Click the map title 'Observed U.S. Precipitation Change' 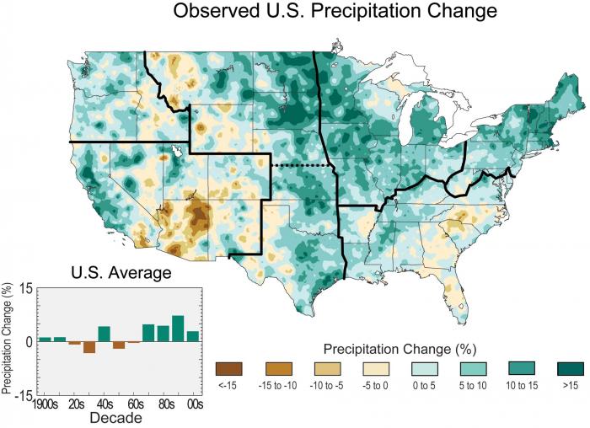coord(335,13)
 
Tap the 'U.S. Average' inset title coord(120,272)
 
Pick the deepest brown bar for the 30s coord(89,347)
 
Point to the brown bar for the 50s coord(119,345)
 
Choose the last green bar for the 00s coord(193,336)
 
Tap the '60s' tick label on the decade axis coord(134,403)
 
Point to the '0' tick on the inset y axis coord(29,341)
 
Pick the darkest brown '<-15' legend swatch coord(228,369)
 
